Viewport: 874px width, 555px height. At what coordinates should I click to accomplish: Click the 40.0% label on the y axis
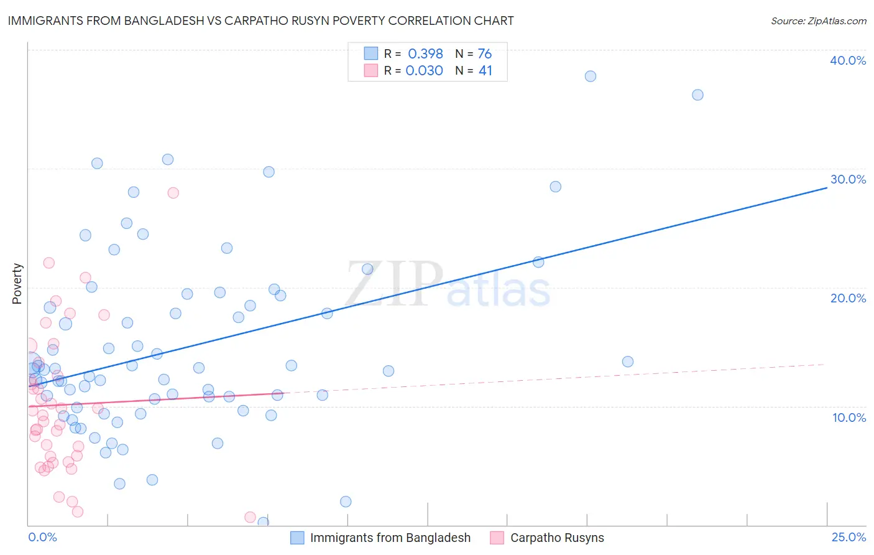[848, 60]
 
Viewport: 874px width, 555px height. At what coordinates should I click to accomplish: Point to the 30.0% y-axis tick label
[848, 179]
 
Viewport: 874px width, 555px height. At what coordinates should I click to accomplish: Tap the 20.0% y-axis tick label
[848, 298]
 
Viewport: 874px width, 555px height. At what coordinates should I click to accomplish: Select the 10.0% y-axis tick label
[849, 417]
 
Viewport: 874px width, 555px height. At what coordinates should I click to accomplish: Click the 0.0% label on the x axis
[42, 538]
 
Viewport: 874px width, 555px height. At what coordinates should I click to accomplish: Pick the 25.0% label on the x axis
[849, 538]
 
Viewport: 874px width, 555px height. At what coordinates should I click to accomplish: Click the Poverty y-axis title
[17, 284]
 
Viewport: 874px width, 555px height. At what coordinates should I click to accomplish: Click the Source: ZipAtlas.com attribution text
[818, 21]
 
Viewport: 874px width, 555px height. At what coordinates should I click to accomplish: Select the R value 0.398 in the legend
[425, 54]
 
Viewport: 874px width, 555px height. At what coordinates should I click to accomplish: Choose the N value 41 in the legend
[485, 71]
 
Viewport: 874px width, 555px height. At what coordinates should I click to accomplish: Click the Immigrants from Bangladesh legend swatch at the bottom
[298, 538]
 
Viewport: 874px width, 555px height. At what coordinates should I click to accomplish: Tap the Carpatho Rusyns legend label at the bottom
[557, 538]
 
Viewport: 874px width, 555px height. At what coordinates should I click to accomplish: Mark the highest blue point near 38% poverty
[591, 77]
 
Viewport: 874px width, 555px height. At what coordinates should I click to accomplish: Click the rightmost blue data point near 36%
[697, 95]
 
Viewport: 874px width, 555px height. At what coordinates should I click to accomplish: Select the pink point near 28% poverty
[173, 193]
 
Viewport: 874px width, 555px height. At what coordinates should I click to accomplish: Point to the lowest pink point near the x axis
[250, 517]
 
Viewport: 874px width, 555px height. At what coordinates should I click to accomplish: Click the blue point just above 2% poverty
[346, 501]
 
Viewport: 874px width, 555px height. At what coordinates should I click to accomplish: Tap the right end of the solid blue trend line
[826, 187]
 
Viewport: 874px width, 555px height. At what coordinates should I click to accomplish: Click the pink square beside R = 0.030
[371, 71]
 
